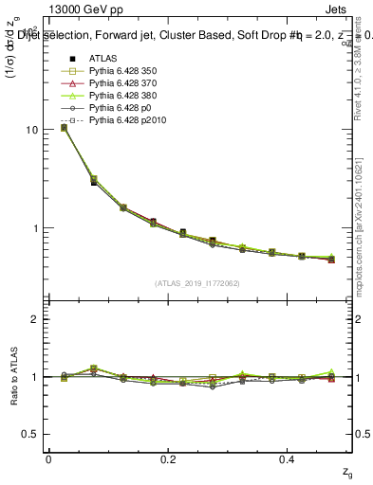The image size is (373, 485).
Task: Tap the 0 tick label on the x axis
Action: click(x=48, y=459)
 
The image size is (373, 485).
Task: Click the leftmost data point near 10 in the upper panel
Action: click(x=64, y=127)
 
